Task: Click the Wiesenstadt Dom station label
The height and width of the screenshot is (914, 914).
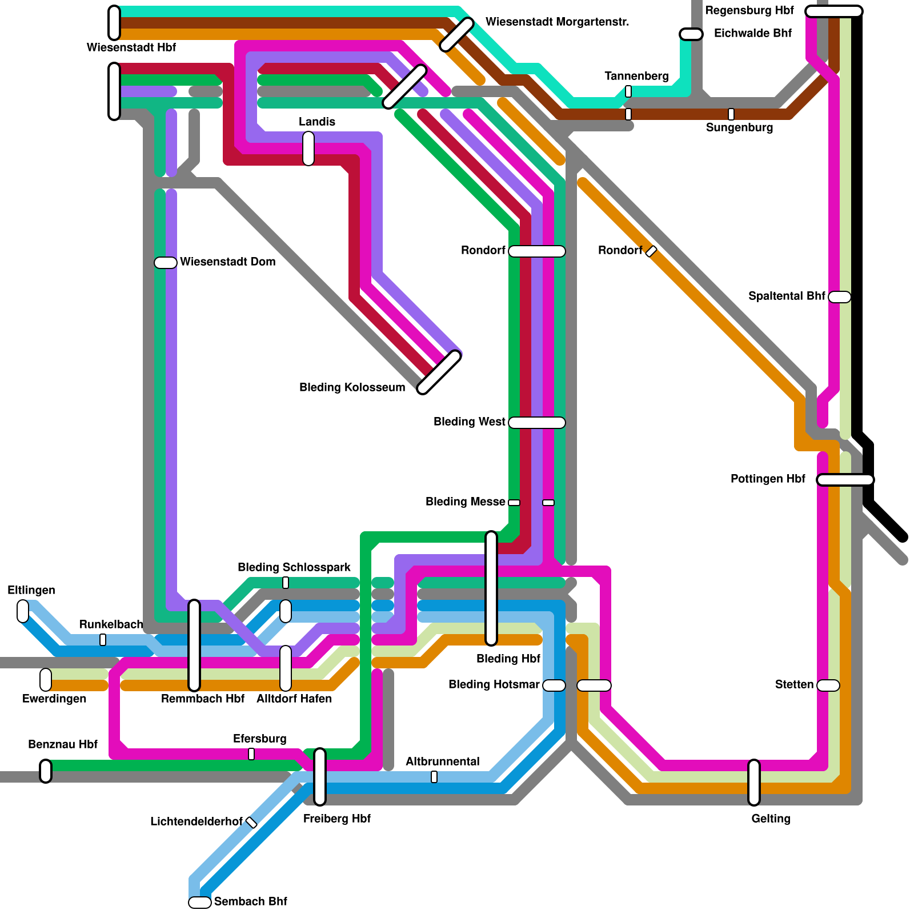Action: tap(227, 262)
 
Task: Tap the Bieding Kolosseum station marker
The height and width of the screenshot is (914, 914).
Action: tap(439, 372)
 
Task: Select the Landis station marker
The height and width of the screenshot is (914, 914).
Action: tap(308, 149)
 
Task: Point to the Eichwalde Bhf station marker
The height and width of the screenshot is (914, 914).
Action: tap(691, 34)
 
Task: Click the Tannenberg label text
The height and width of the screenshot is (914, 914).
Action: tap(636, 76)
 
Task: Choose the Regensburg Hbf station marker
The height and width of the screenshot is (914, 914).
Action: tap(833, 11)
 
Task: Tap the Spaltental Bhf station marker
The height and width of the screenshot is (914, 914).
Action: tap(839, 297)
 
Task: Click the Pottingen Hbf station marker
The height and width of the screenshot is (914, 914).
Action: tap(845, 480)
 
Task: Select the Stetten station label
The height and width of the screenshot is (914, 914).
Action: tap(794, 684)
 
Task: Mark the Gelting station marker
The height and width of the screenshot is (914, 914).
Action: tap(754, 783)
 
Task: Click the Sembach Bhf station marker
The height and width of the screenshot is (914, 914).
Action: tap(200, 903)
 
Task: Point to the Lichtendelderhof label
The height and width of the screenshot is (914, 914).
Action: tap(197, 821)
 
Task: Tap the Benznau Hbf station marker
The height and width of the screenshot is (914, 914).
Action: tap(46, 771)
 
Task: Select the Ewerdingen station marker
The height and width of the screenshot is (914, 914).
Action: tap(46, 680)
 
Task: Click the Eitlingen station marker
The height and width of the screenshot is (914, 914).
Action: tap(23, 611)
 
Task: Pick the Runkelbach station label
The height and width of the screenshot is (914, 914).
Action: tap(111, 624)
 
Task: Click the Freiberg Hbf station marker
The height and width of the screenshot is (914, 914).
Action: tap(320, 777)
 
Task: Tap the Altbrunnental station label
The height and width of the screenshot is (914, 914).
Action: tap(442, 761)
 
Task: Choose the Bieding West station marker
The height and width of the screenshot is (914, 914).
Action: tap(537, 423)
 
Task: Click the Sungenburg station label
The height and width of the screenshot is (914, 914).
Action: tap(739, 127)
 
